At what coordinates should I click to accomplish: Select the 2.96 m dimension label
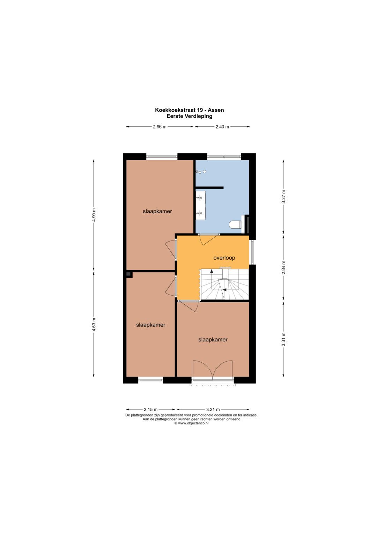pyautogui.click(x=160, y=127)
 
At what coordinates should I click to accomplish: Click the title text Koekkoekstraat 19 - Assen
pyautogui.click(x=190, y=110)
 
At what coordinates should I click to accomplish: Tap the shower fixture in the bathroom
pyautogui.click(x=200, y=172)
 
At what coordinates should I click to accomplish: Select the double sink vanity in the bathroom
pyautogui.click(x=200, y=206)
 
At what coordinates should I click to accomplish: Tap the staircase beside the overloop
pyautogui.click(x=225, y=284)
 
